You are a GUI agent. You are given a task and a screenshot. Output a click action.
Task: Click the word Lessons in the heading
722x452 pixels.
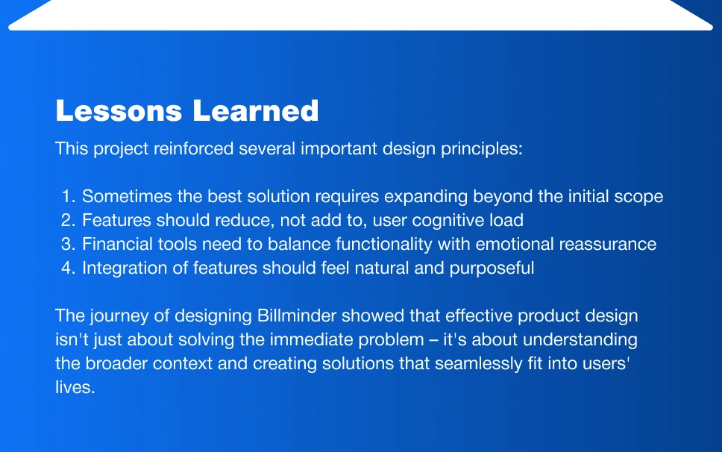pos(119,111)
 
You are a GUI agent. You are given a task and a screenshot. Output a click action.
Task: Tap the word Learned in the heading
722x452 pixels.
pos(256,111)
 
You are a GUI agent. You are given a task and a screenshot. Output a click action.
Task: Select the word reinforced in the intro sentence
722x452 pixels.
pos(193,148)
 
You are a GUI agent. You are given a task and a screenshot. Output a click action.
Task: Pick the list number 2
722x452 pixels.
pos(68,221)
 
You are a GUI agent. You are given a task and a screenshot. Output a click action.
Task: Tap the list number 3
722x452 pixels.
pos(68,245)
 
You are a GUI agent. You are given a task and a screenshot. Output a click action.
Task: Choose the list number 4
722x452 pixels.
pos(68,269)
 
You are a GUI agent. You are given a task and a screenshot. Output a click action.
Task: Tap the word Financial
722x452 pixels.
pos(117,245)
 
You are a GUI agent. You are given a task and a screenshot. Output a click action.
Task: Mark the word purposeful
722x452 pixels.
pos(492,269)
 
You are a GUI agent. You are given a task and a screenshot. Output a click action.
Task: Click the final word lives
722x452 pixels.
pos(75,388)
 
